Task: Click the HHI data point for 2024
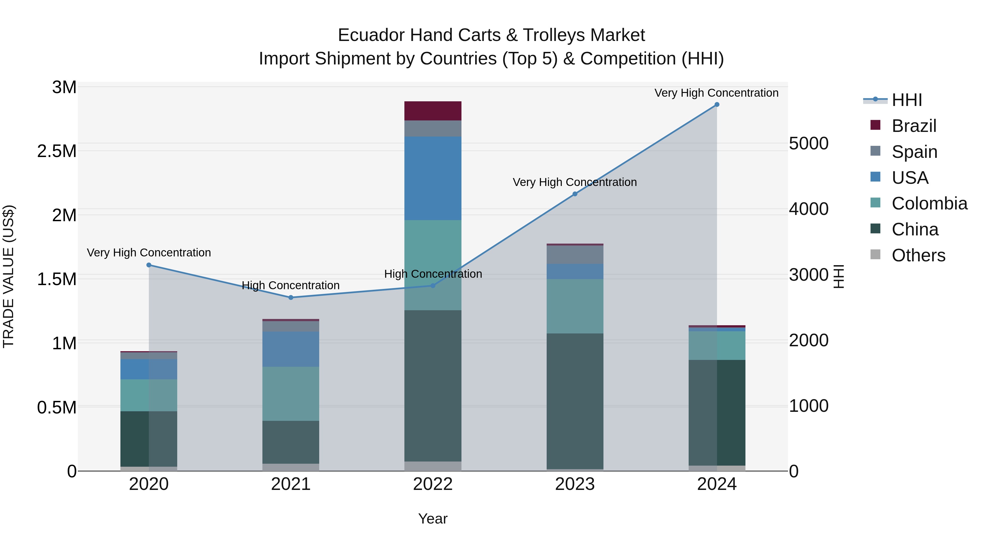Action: [717, 105]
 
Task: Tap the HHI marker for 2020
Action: [149, 265]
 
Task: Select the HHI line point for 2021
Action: [291, 297]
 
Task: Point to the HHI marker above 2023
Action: [575, 194]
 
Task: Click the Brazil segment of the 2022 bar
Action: [433, 111]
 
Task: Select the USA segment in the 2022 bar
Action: [433, 178]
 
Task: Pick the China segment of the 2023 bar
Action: [575, 401]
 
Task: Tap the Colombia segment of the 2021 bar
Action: [291, 394]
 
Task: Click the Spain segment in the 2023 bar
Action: [575, 254]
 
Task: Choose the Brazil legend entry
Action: [914, 126]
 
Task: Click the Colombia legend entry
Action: [929, 203]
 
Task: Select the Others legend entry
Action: [918, 255]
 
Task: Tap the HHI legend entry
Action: [907, 100]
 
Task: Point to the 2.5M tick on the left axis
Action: [57, 151]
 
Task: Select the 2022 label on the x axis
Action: [433, 484]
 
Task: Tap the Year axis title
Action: [433, 519]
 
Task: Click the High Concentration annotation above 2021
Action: [291, 285]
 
